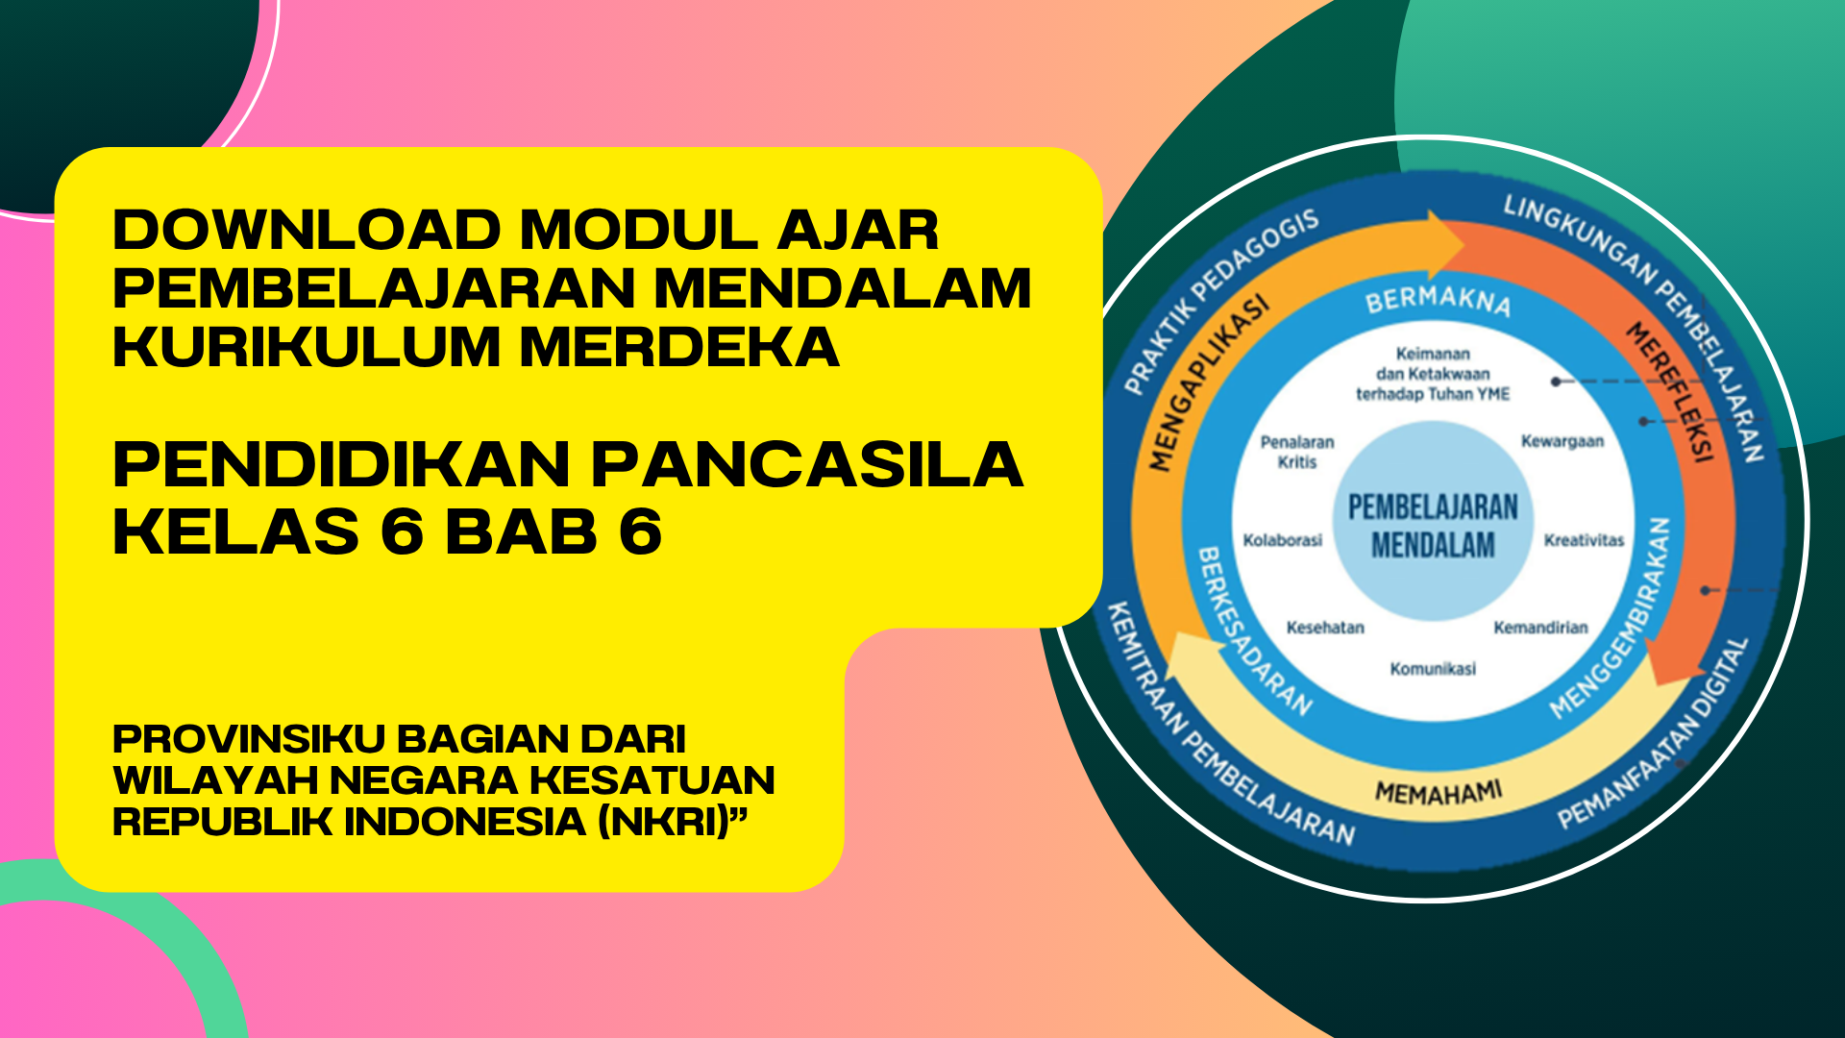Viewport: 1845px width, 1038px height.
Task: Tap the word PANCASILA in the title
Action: tap(807, 465)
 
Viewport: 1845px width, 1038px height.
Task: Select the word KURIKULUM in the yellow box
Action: tap(307, 346)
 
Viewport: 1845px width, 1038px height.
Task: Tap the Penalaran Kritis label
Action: tap(1297, 452)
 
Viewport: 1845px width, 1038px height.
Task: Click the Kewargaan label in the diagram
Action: tap(1562, 441)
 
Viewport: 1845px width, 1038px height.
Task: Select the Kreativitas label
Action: tap(1584, 540)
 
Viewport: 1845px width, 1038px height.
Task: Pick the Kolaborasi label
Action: tap(1283, 540)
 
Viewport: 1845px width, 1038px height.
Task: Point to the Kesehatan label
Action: tap(1325, 628)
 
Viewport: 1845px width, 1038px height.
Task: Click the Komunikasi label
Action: tap(1433, 669)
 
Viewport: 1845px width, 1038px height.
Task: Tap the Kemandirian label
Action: tap(1540, 628)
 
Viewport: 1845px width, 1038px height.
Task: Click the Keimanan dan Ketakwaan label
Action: tap(1433, 374)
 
